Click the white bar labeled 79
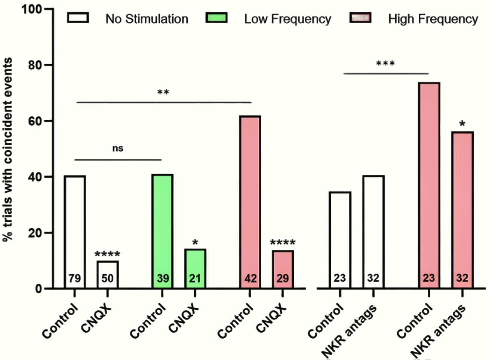pyautogui.click(x=75, y=232)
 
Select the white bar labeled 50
pyautogui.click(x=108, y=275)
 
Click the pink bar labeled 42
pyautogui.click(x=250, y=202)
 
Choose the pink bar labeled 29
pyautogui.click(x=283, y=269)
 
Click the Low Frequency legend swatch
pyautogui.click(x=216, y=18)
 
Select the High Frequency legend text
pyautogui.click(x=433, y=19)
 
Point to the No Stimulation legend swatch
pyautogui.click(x=78, y=18)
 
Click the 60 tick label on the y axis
pyautogui.click(x=36, y=121)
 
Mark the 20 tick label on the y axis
pyautogui.click(x=36, y=233)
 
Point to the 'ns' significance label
pyautogui.click(x=118, y=149)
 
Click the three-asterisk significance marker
pyautogui.click(x=385, y=63)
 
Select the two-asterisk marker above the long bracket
pyautogui.click(x=163, y=92)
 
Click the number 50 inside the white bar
pyautogui.click(x=108, y=278)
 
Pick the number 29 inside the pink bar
pyautogui.click(x=283, y=278)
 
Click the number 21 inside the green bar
pyautogui.click(x=195, y=278)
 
